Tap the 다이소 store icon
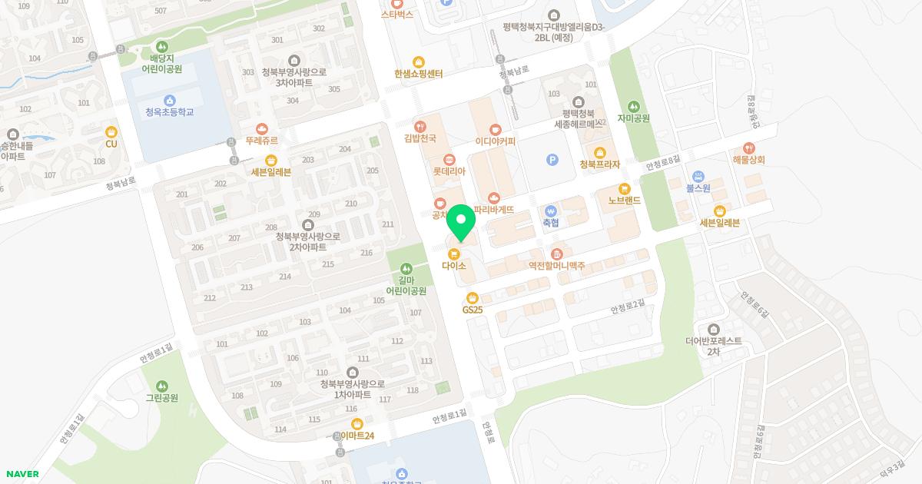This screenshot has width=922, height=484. [x=454, y=254]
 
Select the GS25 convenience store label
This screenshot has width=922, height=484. [x=472, y=310]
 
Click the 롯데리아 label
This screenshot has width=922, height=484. [x=449, y=172]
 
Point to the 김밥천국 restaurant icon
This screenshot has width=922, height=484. [x=420, y=126]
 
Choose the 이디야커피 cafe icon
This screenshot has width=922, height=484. [x=495, y=129]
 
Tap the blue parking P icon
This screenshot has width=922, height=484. [x=551, y=160]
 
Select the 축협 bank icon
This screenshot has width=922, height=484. [x=550, y=211]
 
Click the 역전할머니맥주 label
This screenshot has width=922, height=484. [x=556, y=266]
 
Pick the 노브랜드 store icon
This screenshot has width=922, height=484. [x=624, y=188]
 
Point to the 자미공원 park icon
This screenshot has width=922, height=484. [x=634, y=106]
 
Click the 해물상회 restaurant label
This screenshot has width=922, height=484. [x=748, y=160]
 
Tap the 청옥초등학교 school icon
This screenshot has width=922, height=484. [x=170, y=100]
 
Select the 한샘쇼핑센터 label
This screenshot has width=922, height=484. [x=418, y=74]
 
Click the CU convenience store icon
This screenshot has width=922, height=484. [x=111, y=131]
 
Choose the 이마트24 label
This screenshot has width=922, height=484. [x=357, y=436]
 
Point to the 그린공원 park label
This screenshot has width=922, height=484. [x=161, y=398]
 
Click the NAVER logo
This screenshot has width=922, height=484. [x=22, y=474]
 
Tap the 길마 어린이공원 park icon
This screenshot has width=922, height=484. [x=406, y=269]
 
